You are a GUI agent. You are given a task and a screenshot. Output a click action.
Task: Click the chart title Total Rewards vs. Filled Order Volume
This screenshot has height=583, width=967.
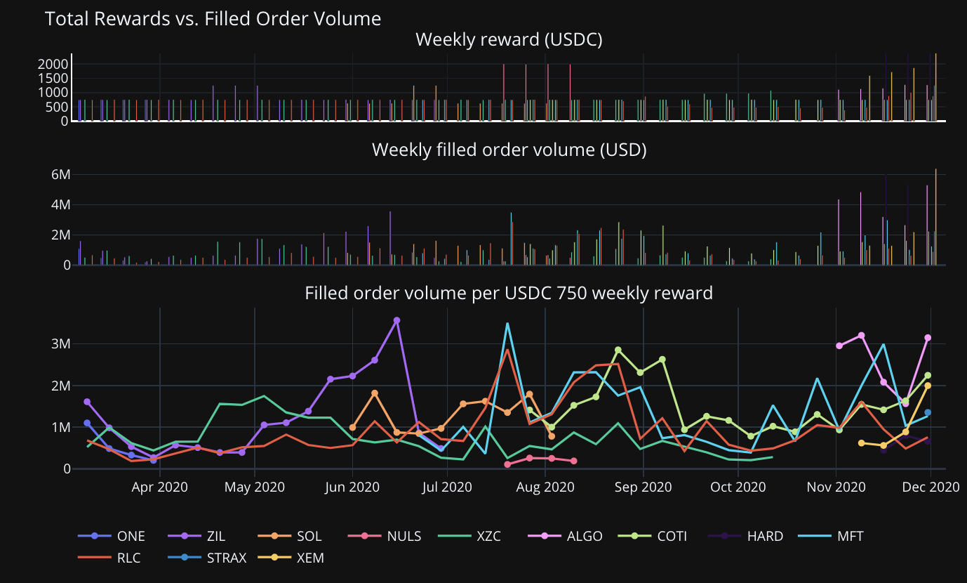(213, 19)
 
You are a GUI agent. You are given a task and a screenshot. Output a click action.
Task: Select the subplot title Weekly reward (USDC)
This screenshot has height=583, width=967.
(509, 40)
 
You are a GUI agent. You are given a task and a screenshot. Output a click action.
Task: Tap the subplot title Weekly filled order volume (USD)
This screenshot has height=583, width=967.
(509, 150)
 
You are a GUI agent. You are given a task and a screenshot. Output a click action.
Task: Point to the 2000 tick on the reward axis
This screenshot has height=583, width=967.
(53, 64)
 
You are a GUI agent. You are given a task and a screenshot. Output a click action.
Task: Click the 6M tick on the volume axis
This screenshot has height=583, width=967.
(62, 174)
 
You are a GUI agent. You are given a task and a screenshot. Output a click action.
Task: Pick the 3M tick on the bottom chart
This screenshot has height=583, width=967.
(62, 344)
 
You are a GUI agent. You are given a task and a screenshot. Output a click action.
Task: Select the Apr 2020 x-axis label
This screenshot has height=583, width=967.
(160, 487)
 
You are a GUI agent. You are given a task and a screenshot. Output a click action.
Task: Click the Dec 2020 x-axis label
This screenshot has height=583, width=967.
(931, 487)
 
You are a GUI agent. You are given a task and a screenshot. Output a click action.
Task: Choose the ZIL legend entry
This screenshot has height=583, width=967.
(204, 537)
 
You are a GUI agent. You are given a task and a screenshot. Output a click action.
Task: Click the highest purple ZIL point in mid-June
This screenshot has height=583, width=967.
(397, 320)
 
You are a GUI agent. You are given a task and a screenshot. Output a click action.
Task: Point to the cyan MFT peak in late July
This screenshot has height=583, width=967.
(507, 324)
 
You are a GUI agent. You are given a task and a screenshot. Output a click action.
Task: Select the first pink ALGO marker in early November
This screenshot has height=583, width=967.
(839, 346)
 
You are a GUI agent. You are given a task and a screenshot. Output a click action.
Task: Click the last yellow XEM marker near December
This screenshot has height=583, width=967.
(928, 386)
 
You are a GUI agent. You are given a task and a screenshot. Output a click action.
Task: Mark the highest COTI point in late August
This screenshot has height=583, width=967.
(618, 350)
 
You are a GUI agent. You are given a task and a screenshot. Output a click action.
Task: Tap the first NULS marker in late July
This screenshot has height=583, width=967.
(507, 464)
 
